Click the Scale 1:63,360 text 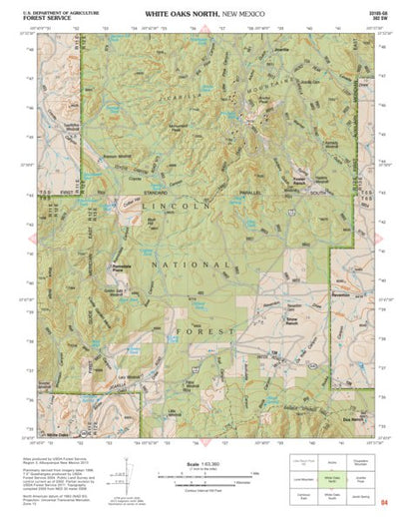click(x=200, y=461)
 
